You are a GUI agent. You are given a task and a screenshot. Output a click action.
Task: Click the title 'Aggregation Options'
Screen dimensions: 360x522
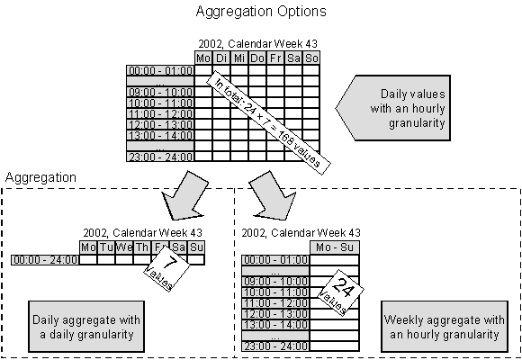tap(260, 12)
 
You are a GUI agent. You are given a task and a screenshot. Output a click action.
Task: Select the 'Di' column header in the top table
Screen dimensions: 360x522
tap(221, 58)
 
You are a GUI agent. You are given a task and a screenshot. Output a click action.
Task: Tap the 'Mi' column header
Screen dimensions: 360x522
tap(239, 58)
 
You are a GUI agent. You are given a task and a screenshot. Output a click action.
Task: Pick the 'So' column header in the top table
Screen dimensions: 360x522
tap(311, 58)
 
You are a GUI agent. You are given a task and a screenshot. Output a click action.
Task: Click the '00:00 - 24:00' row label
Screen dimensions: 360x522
tap(44, 260)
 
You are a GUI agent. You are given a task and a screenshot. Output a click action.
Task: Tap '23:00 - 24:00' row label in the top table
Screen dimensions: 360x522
tap(160, 155)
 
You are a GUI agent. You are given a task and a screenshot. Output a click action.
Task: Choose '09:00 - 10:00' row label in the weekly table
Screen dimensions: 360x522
tap(275, 282)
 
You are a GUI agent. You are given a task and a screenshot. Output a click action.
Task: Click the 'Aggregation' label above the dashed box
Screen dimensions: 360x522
tap(41, 178)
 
